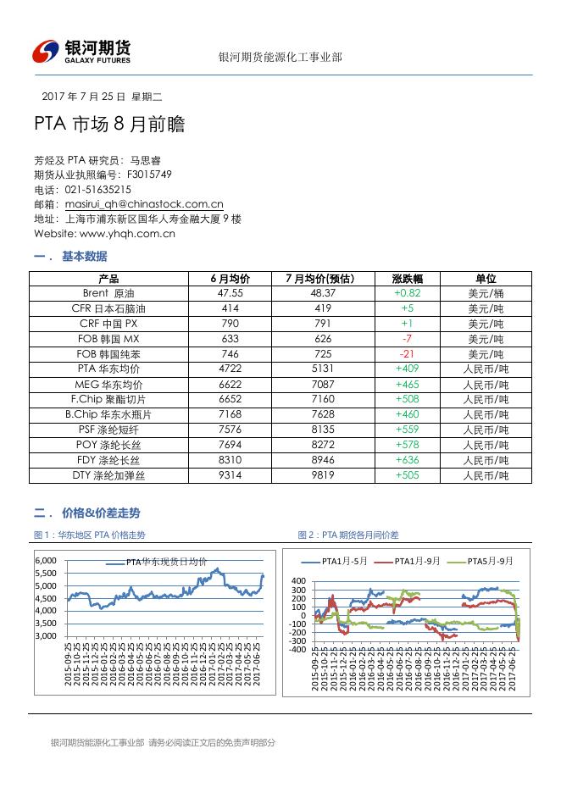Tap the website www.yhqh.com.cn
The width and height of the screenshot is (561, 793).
[x=127, y=233]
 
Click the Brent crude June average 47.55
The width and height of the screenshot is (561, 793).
[x=230, y=293]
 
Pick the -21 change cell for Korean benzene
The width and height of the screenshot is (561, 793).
[x=407, y=354]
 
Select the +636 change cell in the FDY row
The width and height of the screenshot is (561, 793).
[x=407, y=460]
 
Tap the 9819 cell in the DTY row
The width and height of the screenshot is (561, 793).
[x=313, y=475]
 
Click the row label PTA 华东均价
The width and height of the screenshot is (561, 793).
[x=108, y=369]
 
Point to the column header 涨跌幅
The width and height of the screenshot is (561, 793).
[x=407, y=279]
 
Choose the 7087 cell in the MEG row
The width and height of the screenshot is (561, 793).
[x=313, y=385]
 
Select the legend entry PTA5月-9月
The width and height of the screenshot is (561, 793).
[x=491, y=561]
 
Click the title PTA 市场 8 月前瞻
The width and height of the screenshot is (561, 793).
[x=109, y=125]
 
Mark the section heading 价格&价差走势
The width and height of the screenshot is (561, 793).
[x=101, y=513]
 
